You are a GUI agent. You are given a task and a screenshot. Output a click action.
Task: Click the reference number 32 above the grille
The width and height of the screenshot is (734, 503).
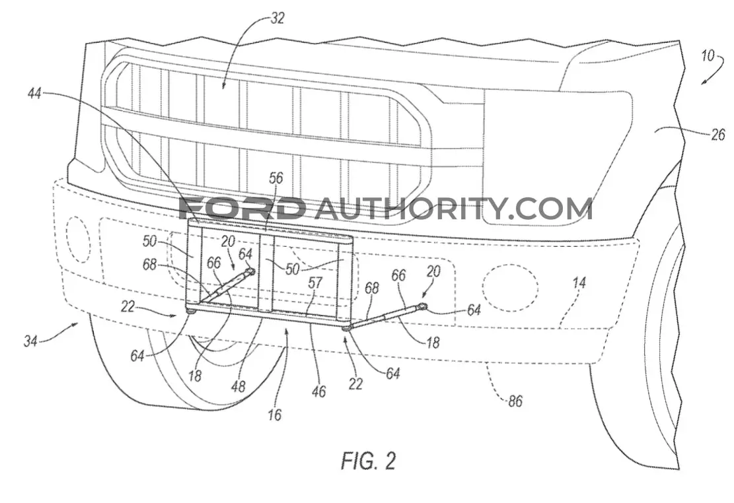(x=277, y=18)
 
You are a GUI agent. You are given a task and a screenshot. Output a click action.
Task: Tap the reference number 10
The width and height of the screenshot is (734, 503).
(x=708, y=56)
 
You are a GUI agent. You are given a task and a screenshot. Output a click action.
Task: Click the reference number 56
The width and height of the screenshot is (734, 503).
(x=276, y=178)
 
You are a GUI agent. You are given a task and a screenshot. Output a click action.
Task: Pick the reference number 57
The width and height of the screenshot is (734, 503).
(x=316, y=283)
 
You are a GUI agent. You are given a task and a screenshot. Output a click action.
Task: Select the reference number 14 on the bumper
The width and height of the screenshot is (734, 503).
(x=579, y=283)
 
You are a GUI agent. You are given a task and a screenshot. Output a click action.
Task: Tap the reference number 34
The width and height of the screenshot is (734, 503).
(x=31, y=341)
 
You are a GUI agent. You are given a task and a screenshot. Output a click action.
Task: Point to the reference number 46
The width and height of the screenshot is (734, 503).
(x=318, y=391)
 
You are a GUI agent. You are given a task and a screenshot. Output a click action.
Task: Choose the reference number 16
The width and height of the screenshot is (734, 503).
(x=275, y=415)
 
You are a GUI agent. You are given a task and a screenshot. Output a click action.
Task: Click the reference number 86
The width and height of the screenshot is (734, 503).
(x=515, y=401)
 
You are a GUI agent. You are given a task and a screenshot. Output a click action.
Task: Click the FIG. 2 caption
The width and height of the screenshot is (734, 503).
(x=369, y=461)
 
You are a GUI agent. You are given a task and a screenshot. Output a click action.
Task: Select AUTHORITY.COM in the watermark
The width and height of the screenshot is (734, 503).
(x=453, y=209)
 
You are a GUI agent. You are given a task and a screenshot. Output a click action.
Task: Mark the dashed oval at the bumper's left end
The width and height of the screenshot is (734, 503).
(x=66, y=240)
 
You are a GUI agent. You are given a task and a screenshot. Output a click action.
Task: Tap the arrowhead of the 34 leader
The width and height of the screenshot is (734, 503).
(x=77, y=324)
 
